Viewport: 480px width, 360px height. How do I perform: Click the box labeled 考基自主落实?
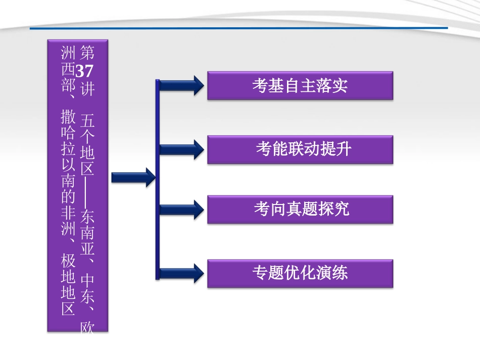click(x=300, y=86)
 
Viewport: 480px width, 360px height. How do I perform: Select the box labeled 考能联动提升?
click(x=300, y=149)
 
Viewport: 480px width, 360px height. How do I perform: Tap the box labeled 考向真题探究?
click(x=300, y=210)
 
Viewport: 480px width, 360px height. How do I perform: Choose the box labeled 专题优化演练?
click(x=300, y=273)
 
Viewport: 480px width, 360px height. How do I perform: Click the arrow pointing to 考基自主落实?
click(x=182, y=85)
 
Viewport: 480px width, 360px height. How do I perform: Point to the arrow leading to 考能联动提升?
click(x=182, y=149)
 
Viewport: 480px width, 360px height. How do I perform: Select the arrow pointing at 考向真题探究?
click(x=182, y=209)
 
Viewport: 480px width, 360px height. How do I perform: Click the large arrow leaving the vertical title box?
click(x=133, y=177)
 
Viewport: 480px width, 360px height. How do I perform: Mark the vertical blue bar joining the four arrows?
click(x=158, y=179)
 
